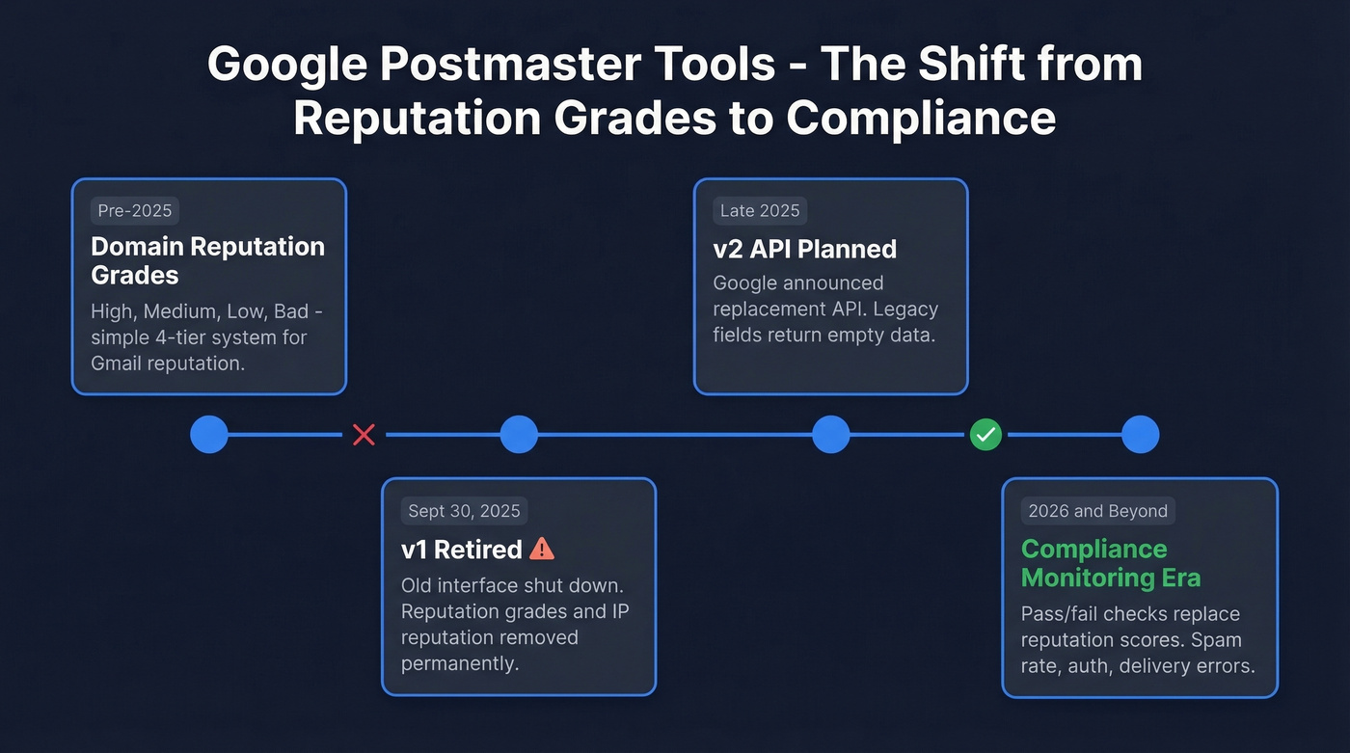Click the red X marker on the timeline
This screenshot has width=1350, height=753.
click(x=364, y=435)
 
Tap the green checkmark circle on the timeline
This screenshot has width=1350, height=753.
click(x=985, y=435)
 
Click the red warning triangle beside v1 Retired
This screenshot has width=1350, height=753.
click(x=543, y=549)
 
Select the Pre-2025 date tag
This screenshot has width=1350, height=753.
click(x=135, y=211)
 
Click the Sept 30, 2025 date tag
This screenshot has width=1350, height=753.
click(x=464, y=511)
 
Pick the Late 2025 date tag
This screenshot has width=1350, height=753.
click(x=760, y=211)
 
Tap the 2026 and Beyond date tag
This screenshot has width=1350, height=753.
click(x=1097, y=511)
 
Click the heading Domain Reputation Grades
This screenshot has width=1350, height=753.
click(x=207, y=260)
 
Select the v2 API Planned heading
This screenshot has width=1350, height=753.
click(x=804, y=249)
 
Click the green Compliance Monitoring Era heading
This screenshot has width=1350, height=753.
click(x=1110, y=563)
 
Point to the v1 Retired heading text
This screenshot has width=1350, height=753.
click(x=461, y=550)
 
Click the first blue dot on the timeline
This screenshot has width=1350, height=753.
click(x=209, y=435)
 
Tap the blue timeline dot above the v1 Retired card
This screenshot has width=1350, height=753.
click(x=519, y=435)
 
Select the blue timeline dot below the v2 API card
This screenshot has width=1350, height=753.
click(x=830, y=435)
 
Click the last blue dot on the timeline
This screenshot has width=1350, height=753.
click(x=1140, y=435)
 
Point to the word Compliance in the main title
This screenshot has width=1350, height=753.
click(x=920, y=118)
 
